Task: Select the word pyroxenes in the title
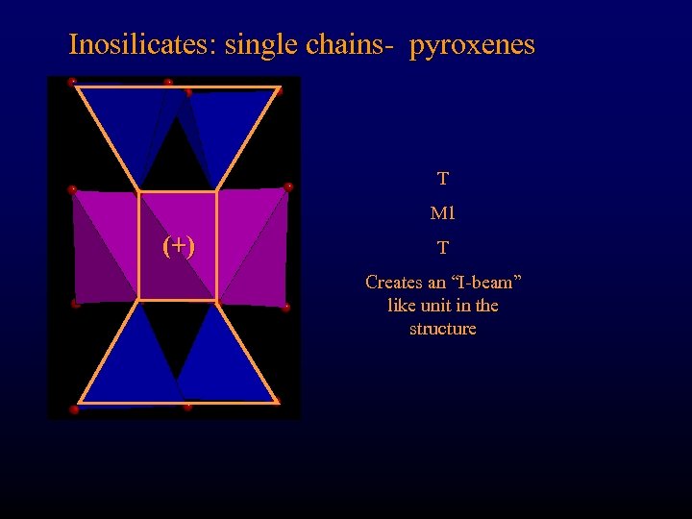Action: [472, 45]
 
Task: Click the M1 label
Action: [442, 212]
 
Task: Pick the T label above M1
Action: [442, 179]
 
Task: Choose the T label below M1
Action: [442, 248]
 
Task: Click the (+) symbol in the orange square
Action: [178, 246]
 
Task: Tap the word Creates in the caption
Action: [394, 283]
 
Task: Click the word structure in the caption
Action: [442, 329]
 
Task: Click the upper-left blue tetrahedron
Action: [130, 125]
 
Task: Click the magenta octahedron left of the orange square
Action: [104, 245]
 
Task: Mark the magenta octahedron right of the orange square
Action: [252, 245]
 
